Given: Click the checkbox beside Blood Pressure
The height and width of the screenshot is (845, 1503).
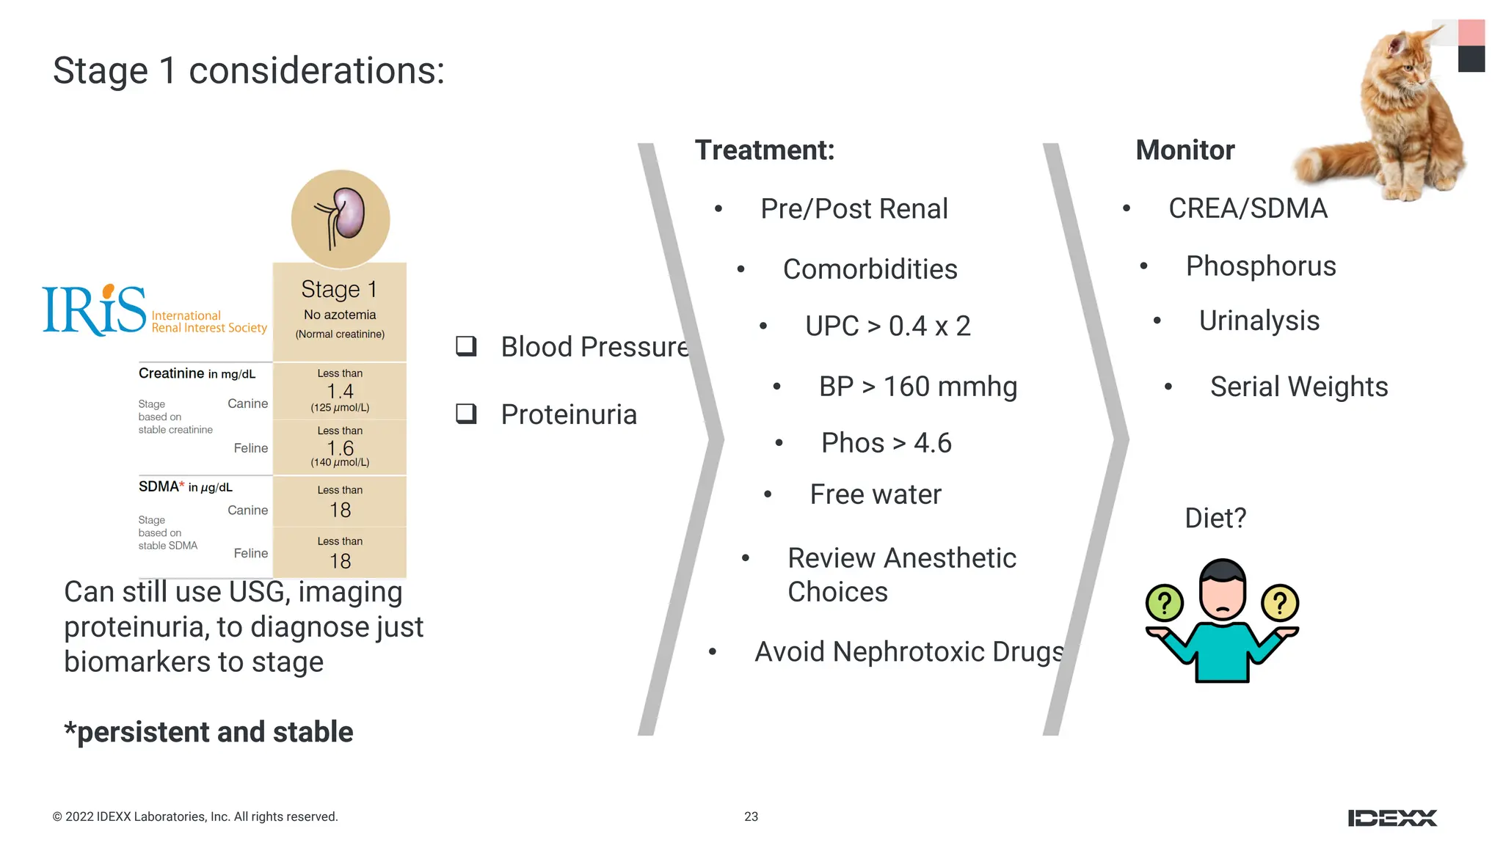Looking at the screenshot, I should pos(466,346).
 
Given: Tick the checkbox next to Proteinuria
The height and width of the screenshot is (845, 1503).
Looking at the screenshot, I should pos(466,414).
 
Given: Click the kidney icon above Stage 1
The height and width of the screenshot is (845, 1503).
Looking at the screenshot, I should pos(341,219).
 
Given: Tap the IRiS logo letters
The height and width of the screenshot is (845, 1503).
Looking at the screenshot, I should pos(94,310).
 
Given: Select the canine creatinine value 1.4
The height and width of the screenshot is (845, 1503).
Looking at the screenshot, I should pos(340,391).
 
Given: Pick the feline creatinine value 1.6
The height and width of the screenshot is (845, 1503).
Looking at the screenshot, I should pos(340,447).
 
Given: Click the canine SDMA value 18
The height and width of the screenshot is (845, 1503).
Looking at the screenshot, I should pos(340,510).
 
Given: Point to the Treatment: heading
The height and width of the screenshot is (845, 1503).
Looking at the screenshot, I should pos(765,150).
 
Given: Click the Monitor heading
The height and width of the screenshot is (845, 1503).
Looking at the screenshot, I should pos(1184,150).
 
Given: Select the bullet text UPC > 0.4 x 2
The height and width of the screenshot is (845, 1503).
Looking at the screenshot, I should pos(887,326).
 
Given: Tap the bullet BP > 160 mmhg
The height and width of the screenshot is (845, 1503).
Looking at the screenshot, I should pos(917,387).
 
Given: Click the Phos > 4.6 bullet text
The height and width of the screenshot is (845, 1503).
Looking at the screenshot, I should pos(886,443).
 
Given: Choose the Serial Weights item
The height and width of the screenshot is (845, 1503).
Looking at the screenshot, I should pos(1298,387).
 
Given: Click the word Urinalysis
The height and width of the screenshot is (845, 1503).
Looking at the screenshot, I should pos(1259,321).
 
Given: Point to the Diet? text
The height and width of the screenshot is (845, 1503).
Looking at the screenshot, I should pos(1215,518).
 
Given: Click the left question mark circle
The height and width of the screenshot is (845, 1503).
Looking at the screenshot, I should pos(1164,604).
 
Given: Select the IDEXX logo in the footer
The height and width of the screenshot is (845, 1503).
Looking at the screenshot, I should pos(1392,818).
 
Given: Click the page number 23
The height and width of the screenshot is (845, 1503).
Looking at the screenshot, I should pos(751,816).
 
